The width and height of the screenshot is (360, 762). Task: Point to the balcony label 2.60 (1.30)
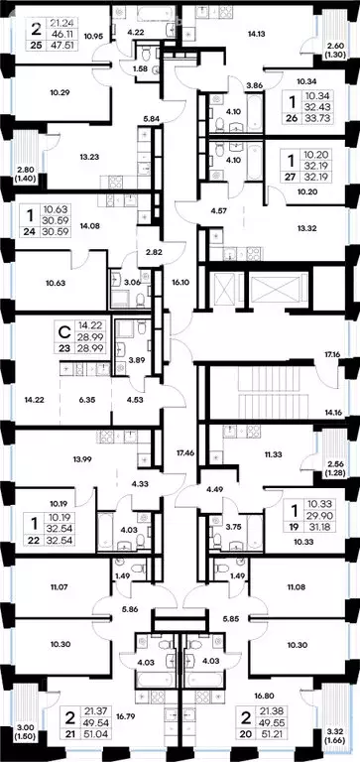tap(337, 51)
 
